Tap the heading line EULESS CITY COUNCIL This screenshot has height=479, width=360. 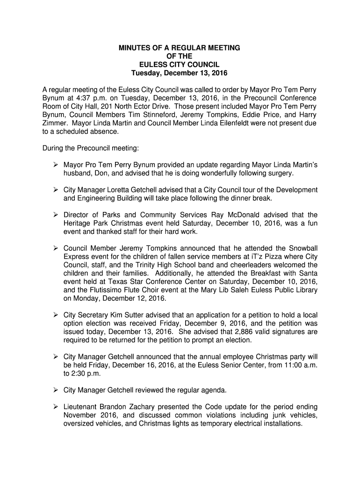click(x=180, y=65)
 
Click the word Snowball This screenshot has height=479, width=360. click(x=302, y=249)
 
